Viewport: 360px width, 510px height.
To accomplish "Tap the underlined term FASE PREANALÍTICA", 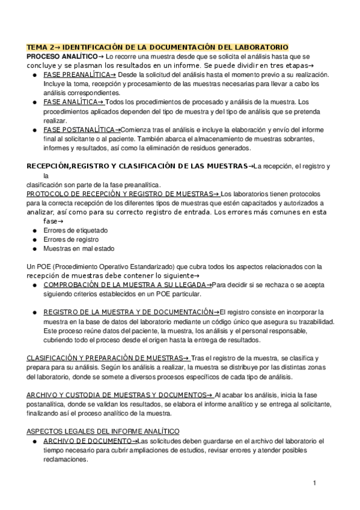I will pyautogui.click(x=80, y=75).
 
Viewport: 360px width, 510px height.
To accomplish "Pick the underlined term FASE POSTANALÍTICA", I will pyautogui.click(x=82, y=130).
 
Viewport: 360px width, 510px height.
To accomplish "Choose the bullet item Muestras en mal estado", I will pyautogui.click(x=79, y=248).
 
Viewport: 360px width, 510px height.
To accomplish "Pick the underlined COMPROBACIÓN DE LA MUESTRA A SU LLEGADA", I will pyautogui.click(x=127, y=284).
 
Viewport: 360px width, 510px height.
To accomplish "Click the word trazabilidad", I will pyautogui.click(x=310, y=322).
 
